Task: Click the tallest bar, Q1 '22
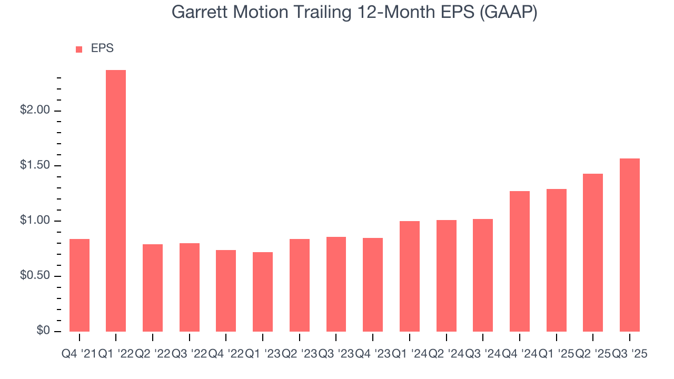[x=116, y=201]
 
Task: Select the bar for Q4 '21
[x=80, y=285]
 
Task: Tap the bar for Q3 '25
[x=629, y=245]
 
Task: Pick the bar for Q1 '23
[x=263, y=292]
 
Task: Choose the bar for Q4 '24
[x=519, y=261]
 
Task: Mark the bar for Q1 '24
[x=409, y=276]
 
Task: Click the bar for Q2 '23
[x=300, y=285]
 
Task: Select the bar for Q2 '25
[x=592, y=253]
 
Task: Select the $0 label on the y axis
[x=43, y=331]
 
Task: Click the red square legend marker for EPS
[x=79, y=49]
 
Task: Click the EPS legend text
[x=102, y=48]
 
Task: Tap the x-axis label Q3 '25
[x=629, y=354]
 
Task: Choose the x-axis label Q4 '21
[x=79, y=354]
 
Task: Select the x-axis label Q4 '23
[x=373, y=354]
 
